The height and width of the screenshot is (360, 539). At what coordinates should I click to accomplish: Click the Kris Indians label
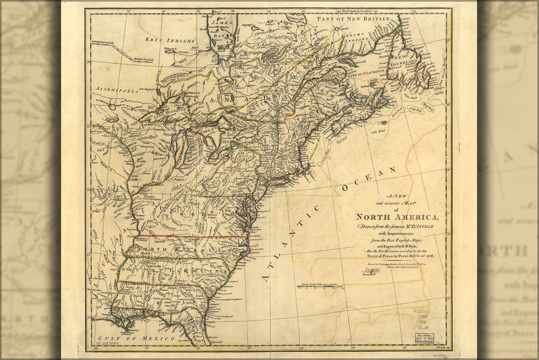pyautogui.click(x=170, y=40)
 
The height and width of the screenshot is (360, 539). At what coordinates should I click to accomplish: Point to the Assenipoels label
pyautogui.click(x=117, y=89)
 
